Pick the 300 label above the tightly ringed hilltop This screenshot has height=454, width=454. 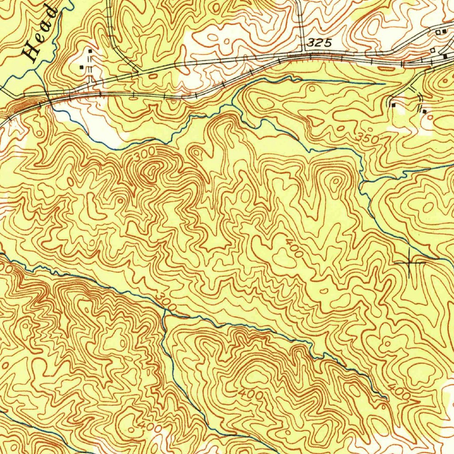click(x=145, y=154)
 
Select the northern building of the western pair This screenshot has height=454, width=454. click(x=90, y=51)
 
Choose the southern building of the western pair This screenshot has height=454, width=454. click(x=82, y=67)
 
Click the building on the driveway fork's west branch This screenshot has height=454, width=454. click(x=394, y=105)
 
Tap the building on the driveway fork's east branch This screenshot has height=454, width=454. click(x=424, y=111)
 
